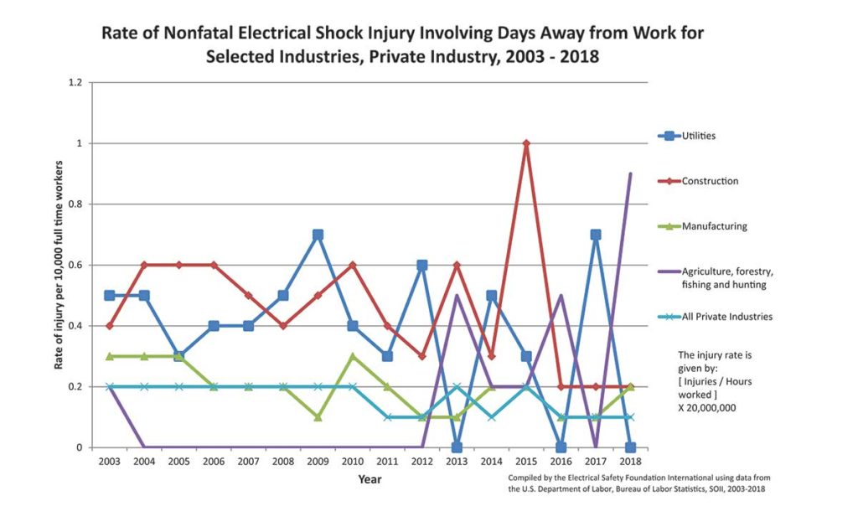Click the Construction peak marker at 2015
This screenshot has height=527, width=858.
click(x=526, y=143)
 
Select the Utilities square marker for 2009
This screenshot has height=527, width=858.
click(x=318, y=235)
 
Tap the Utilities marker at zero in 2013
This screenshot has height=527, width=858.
click(x=457, y=447)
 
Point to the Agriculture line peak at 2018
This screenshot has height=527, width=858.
click(x=630, y=173)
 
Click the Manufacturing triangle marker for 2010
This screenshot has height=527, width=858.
click(x=353, y=356)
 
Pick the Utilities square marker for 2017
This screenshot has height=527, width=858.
click(x=596, y=235)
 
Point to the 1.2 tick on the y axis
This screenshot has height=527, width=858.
click(x=75, y=83)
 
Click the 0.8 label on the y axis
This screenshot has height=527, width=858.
click(x=75, y=204)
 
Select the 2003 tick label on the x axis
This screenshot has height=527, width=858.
click(x=110, y=462)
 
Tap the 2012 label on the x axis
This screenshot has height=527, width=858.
click(x=422, y=462)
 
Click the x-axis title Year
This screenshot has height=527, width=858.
click(x=370, y=479)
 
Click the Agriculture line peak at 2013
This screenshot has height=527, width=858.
click(x=457, y=296)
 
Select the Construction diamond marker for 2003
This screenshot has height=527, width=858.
click(x=110, y=326)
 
